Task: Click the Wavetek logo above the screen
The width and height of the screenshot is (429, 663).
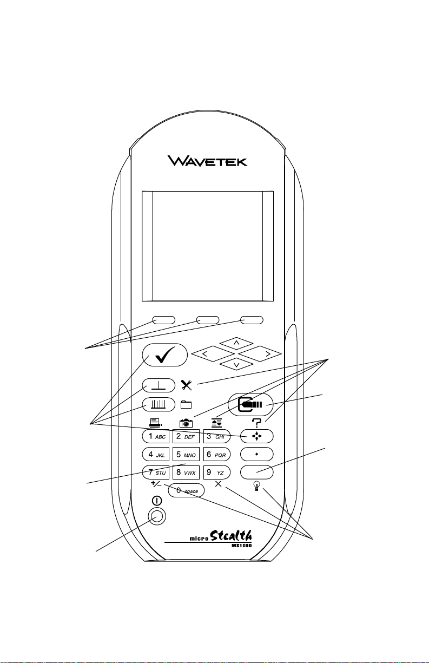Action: pos(208,161)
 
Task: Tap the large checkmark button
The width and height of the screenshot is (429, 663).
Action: pos(165,355)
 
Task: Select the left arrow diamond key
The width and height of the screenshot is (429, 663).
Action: pos(213,354)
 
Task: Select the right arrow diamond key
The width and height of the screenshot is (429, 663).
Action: pos(260,354)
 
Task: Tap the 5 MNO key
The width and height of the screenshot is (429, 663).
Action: pos(186,454)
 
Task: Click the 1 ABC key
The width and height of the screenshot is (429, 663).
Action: pos(156,436)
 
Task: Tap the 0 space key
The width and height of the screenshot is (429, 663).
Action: pos(186,490)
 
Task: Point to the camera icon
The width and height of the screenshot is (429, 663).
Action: pos(186,423)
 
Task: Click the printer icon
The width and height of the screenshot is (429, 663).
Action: pos(155,423)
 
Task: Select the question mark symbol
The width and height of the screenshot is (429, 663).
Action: pos(256,423)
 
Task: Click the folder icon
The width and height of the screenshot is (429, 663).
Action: pos(186,405)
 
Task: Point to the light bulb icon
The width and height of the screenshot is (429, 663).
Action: pos(257,487)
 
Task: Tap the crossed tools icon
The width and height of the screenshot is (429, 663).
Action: pos(187,385)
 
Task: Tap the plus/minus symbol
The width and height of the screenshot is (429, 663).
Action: pos(156,484)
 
